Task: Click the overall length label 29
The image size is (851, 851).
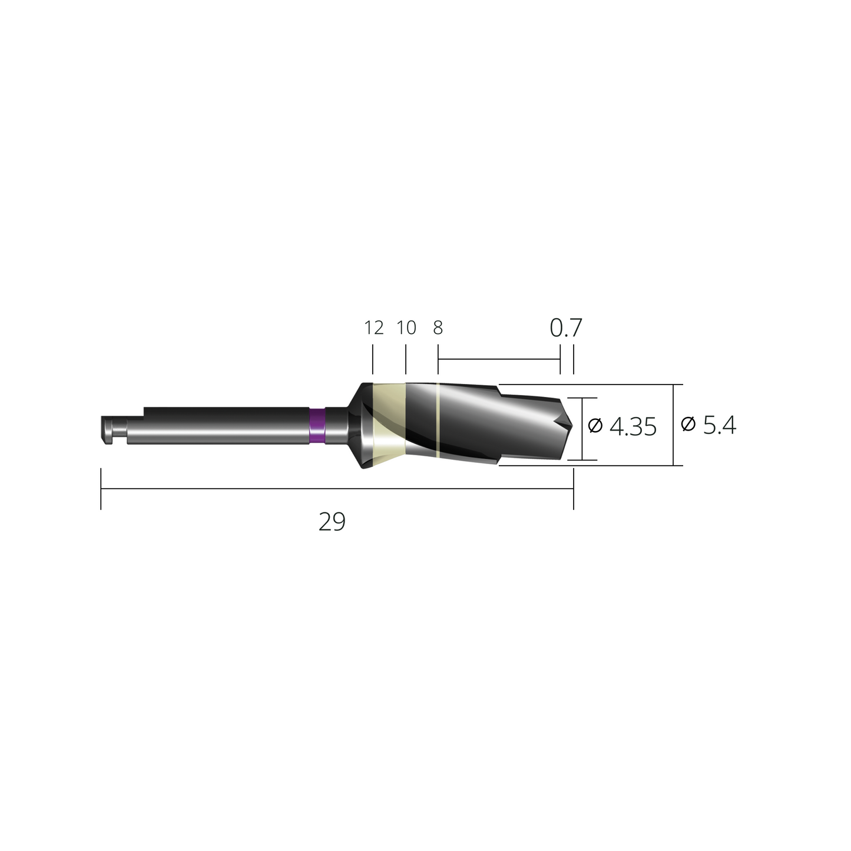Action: coord(332,522)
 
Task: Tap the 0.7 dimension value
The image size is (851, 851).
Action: coord(566,328)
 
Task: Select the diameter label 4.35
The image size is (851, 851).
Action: coord(633,426)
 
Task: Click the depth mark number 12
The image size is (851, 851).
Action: coord(374,327)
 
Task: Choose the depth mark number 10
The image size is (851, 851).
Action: coord(406,327)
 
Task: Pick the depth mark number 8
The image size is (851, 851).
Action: coord(438,327)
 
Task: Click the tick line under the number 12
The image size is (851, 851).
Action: coord(373,360)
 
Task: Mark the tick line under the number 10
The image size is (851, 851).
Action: coord(406,360)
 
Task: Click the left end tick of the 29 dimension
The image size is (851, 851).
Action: coord(101,489)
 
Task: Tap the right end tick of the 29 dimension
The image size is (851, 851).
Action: coord(573,489)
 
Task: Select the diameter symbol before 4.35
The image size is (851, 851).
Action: coord(595,425)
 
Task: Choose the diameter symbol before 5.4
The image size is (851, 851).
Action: coord(688,424)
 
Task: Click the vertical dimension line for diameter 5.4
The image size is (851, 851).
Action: coord(674,425)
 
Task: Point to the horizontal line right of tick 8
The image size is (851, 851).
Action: coord(498,359)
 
